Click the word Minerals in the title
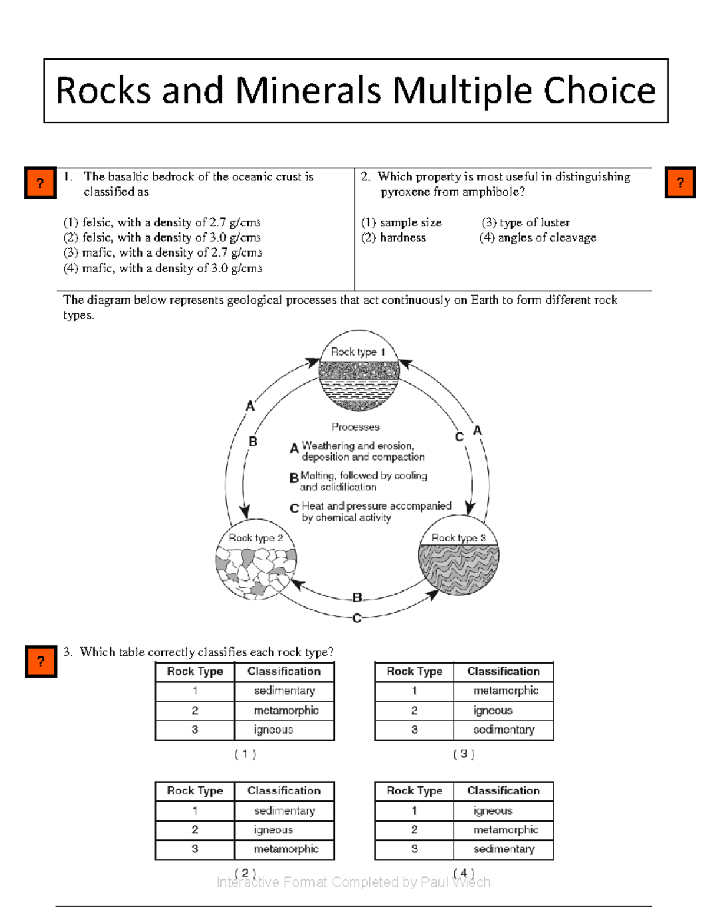tap(308, 91)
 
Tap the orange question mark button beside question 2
tap(680, 182)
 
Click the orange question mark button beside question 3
tap(41, 661)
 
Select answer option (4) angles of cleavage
tap(537, 238)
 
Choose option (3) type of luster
tap(526, 222)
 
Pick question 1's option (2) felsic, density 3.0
tap(162, 238)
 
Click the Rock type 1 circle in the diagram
tap(359, 370)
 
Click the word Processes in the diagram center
tap(355, 426)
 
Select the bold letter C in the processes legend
tap(294, 508)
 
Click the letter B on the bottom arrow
tap(357, 597)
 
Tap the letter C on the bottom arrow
tap(356, 618)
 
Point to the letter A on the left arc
tap(250, 406)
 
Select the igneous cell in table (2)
tap(273, 830)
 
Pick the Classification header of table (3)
tap(503, 671)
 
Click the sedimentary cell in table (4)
tap(504, 849)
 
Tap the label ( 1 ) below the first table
tap(245, 754)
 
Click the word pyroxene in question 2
tap(405, 192)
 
